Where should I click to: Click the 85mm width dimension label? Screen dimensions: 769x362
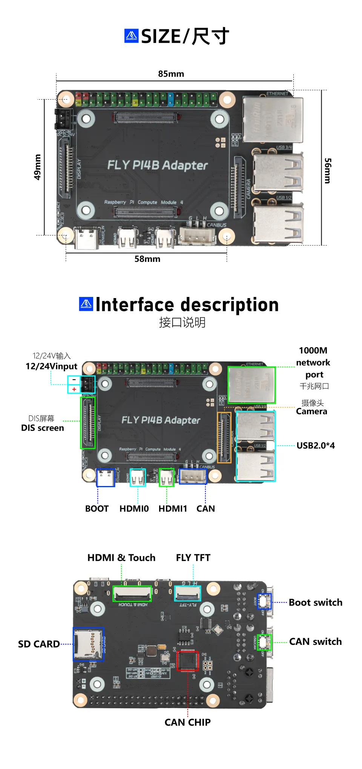click(171, 74)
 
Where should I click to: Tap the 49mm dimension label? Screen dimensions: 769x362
click(37, 167)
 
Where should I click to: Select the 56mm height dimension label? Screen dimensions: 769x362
click(328, 171)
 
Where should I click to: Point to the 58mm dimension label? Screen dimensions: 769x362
click(147, 259)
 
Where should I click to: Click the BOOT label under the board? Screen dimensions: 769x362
click(97, 509)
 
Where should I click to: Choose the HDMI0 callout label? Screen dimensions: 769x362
click(134, 509)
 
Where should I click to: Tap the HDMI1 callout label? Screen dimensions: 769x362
click(173, 509)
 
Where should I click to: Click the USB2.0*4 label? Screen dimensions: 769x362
click(316, 446)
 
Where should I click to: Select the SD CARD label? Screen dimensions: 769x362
click(39, 644)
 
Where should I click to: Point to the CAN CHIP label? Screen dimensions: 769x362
click(187, 722)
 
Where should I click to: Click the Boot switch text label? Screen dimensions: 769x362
click(316, 603)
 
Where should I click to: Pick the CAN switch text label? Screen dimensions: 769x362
click(315, 642)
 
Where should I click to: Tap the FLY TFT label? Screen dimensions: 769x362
click(193, 558)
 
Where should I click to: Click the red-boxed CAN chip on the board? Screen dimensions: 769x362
click(187, 661)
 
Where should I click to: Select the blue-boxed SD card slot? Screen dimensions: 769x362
click(88, 644)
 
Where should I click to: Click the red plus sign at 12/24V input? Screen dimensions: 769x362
click(74, 389)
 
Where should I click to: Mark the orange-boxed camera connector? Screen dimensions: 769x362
click(224, 438)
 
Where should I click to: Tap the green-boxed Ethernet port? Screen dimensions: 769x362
click(252, 385)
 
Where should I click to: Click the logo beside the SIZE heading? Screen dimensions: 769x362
click(132, 36)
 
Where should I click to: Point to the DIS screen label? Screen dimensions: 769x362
click(43, 428)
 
